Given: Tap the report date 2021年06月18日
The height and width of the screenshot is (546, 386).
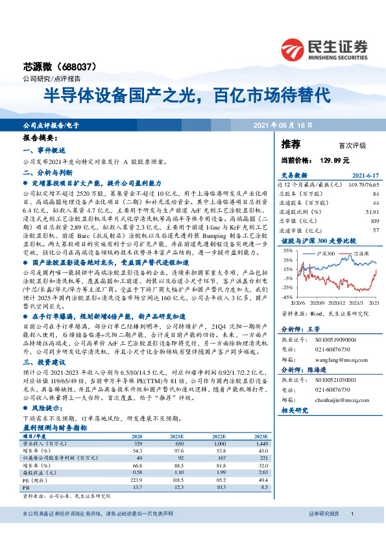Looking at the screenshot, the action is coord(282,125).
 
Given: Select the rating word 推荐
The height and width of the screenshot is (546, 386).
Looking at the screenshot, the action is coord(291,143).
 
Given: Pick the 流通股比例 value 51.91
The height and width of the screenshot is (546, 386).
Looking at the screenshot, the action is coord(370,211).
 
